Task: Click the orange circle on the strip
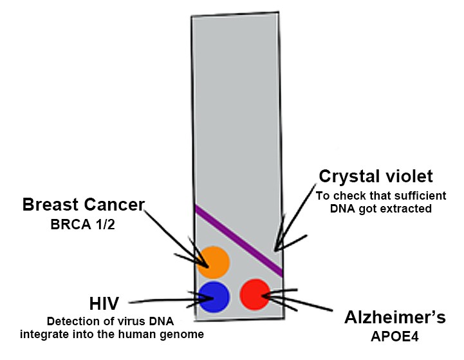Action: [x=214, y=262]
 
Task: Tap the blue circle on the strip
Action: [x=214, y=297]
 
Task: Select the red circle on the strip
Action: [x=255, y=294]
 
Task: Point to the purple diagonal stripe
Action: [x=239, y=241]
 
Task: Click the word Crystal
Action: [x=346, y=176]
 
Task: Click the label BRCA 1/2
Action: [x=83, y=224]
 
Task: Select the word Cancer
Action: [x=114, y=204]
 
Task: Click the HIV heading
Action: [x=104, y=303]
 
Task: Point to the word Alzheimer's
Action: [x=395, y=317]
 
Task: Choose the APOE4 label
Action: [x=394, y=337]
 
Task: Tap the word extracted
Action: [x=405, y=209]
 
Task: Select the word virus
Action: [x=133, y=321]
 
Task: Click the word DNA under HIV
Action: [x=162, y=321]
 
